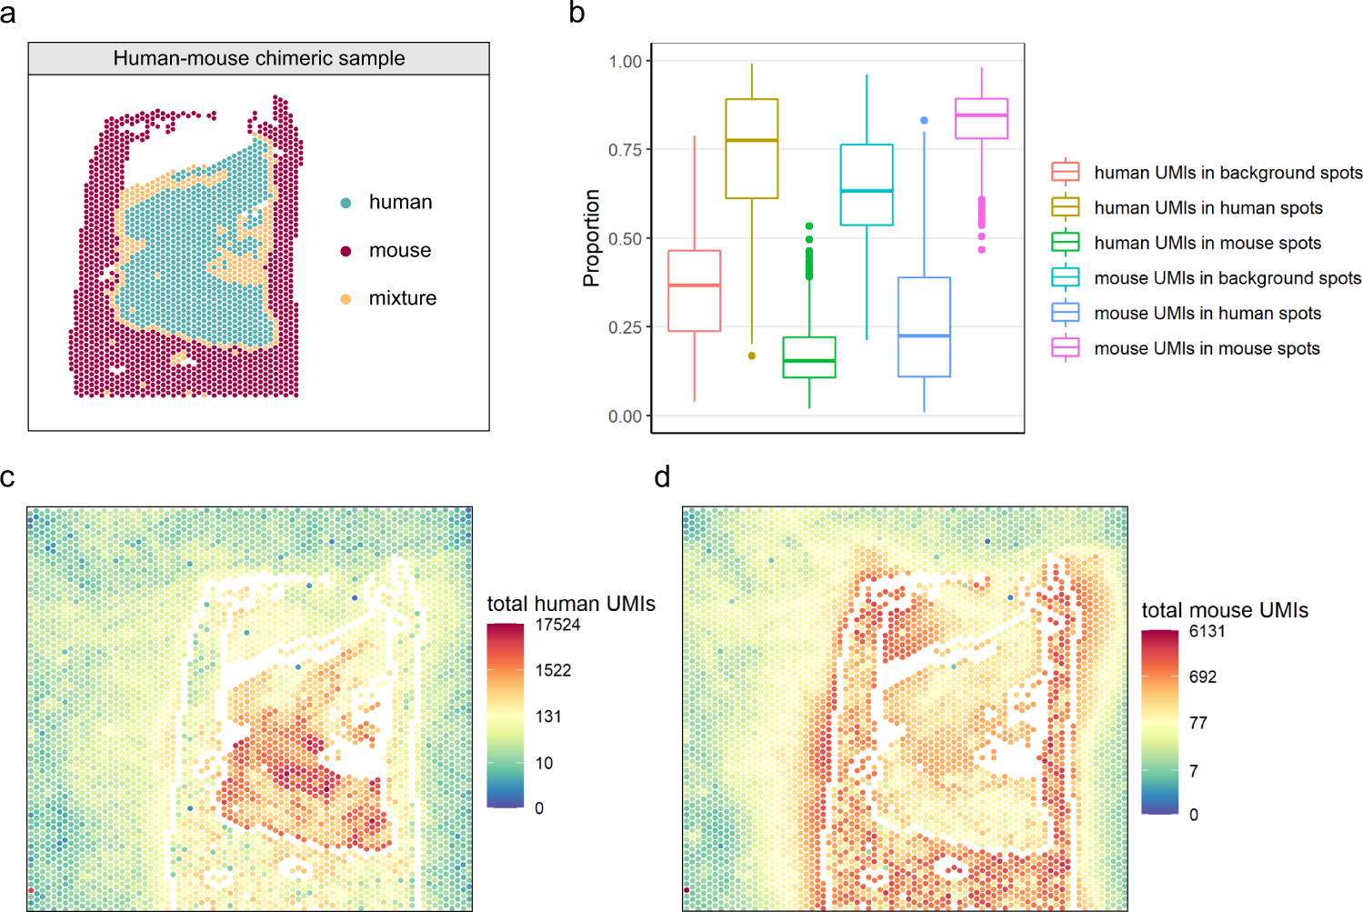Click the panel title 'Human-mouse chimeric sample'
pos(259,58)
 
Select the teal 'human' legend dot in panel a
pos(346,203)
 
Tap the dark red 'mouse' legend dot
pos(346,251)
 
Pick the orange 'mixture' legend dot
pos(346,299)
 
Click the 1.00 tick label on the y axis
pos(625,61)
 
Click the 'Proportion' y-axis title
pos(591,238)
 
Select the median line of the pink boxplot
pos(981,115)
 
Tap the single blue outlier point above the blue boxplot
pos(924,120)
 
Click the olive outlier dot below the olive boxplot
pos(752,356)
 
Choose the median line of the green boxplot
pos(809,361)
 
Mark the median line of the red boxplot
pos(695,286)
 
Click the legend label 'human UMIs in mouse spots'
pos(1207,243)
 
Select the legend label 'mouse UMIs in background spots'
pos(1227,278)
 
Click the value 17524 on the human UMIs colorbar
pos(557,625)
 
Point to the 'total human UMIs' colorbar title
pos(571,604)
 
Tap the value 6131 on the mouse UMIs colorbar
pos(1207,631)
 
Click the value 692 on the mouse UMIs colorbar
pos(1202,676)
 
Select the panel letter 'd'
pos(662,476)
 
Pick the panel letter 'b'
pos(576,13)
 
